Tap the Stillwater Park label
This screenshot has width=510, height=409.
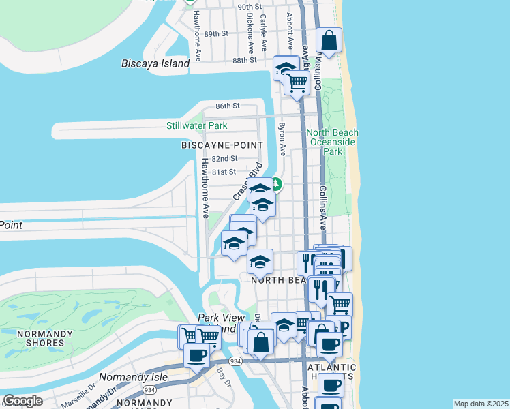tap(197, 125)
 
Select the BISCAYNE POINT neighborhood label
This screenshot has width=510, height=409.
tap(222, 145)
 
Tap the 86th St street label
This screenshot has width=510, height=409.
tap(228, 106)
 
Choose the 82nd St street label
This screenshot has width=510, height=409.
tap(224, 158)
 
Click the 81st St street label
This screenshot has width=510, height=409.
tap(224, 172)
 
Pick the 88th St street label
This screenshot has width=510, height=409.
tap(243, 60)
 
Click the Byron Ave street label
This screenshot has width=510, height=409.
tap(281, 139)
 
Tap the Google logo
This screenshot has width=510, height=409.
tap(22, 401)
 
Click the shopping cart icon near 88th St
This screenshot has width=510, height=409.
tap(297, 82)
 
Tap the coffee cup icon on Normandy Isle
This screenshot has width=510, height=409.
tap(197, 354)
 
